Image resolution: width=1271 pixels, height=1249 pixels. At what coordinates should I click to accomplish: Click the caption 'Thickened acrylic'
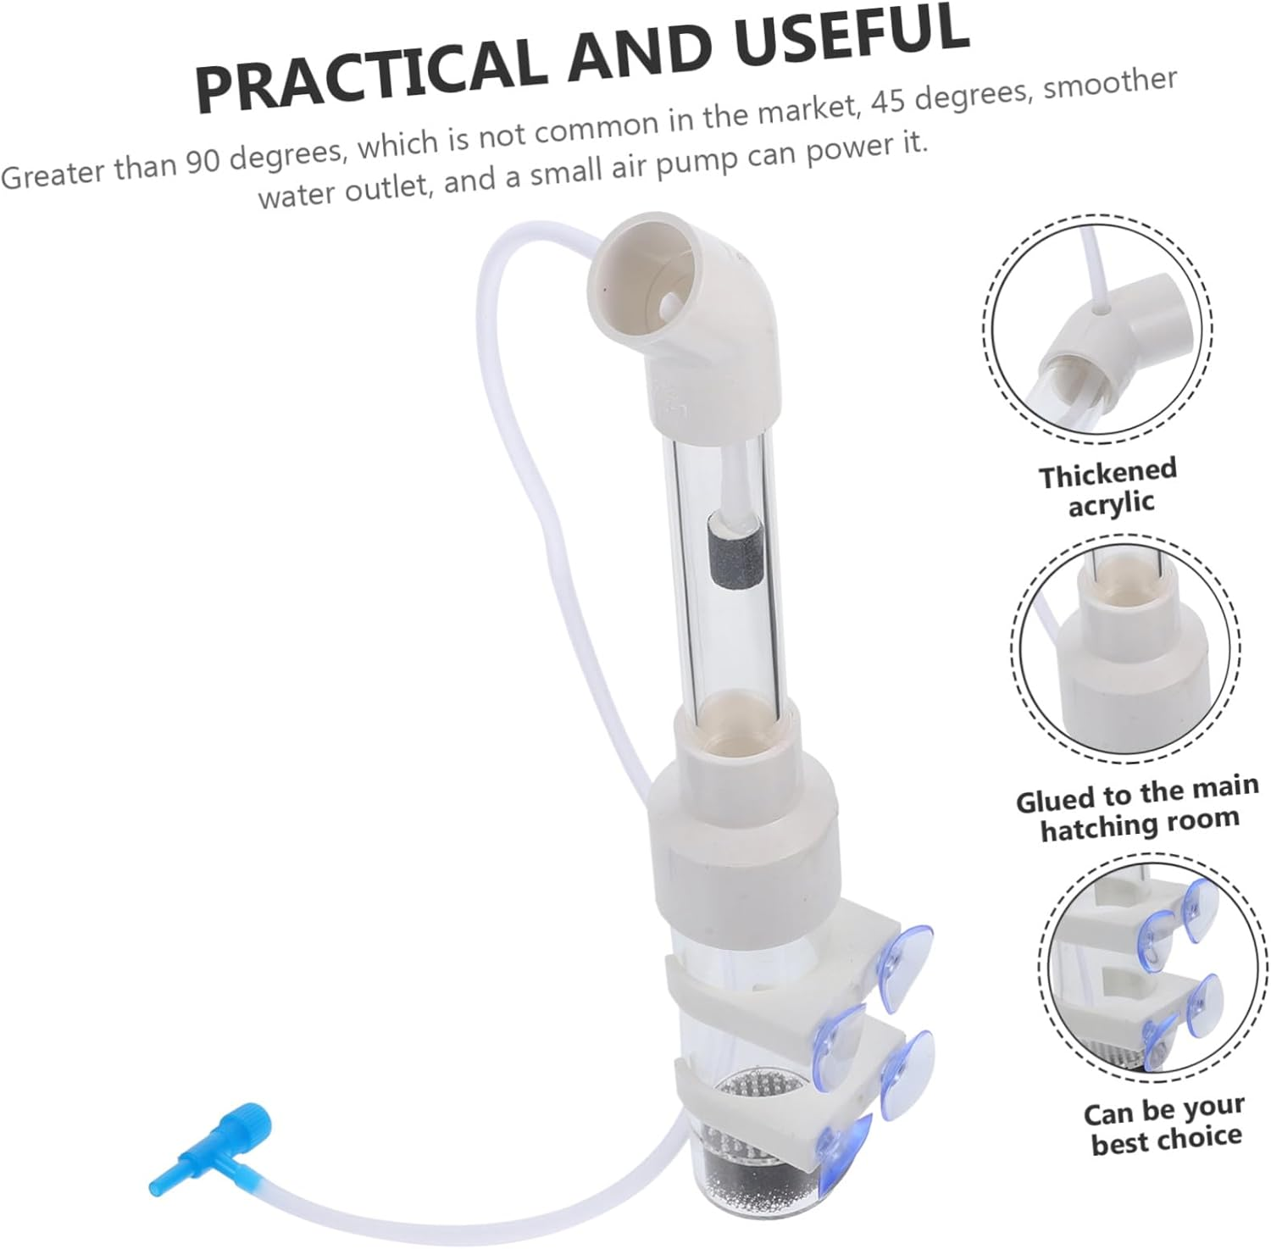tap(1108, 487)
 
